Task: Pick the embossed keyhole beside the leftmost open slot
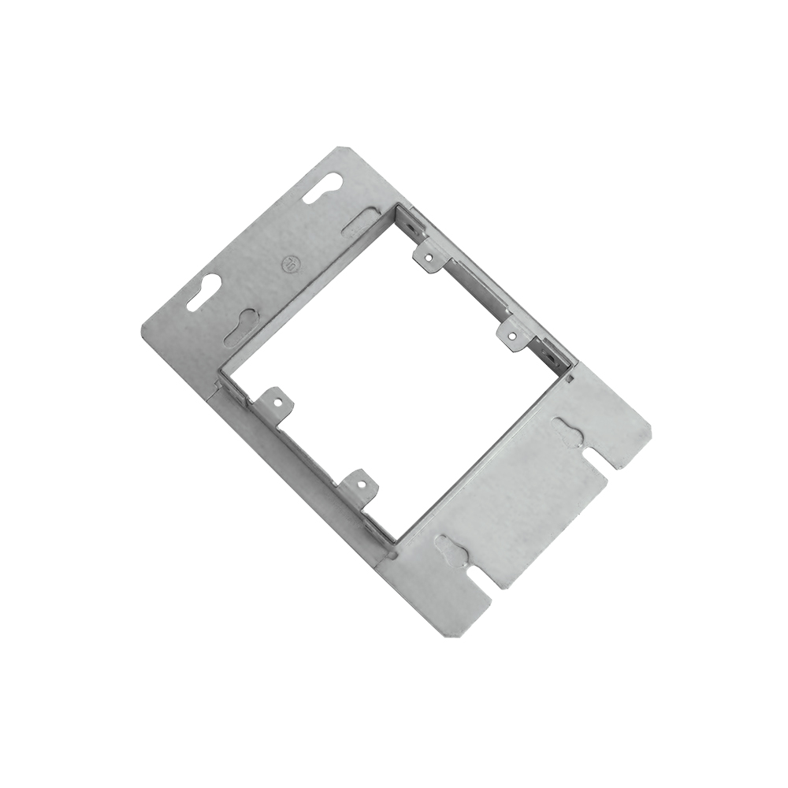(x=242, y=325)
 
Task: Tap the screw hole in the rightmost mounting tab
(x=512, y=336)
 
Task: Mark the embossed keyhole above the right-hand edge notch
(x=569, y=429)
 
